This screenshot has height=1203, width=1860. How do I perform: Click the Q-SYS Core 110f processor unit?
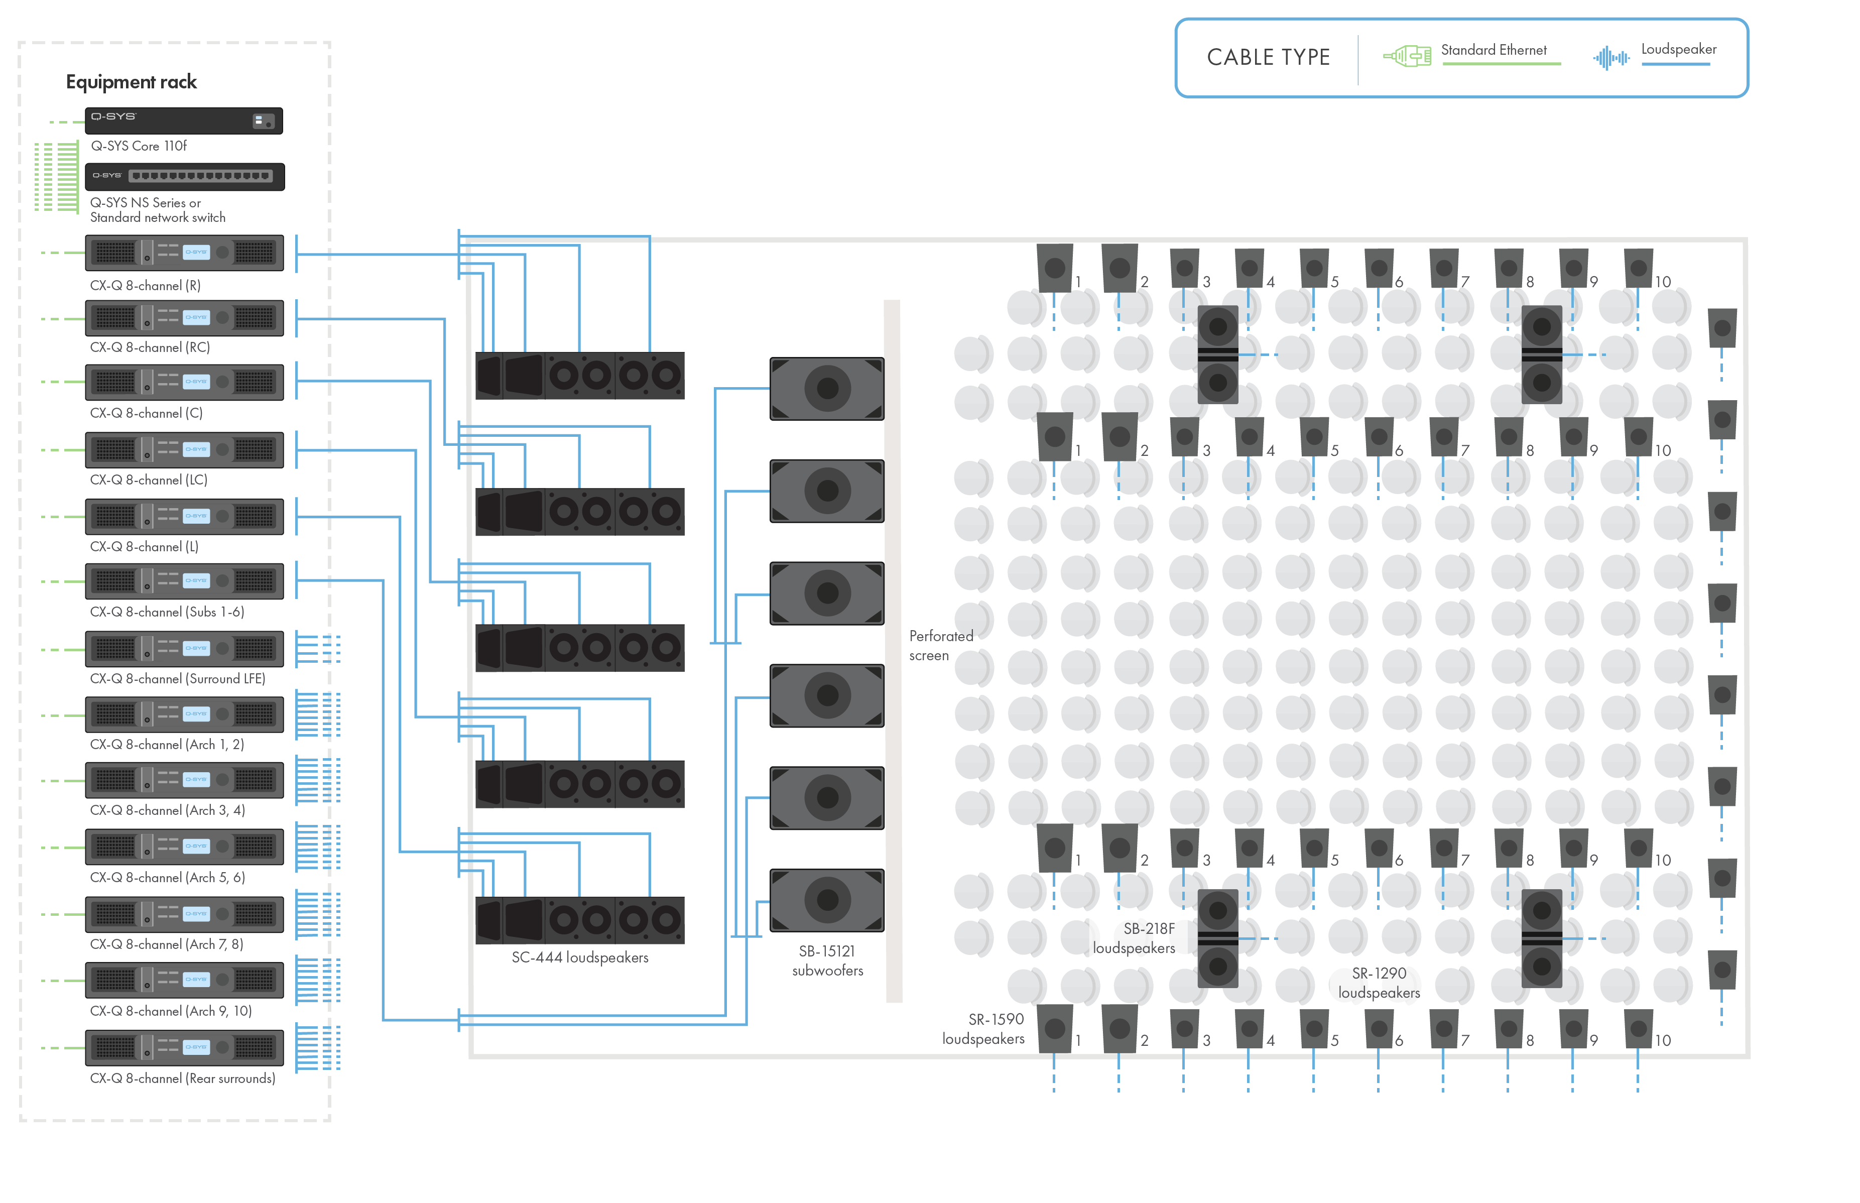(x=184, y=121)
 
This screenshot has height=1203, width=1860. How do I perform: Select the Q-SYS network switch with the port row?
(x=184, y=176)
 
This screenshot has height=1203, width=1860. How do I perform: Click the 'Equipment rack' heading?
(x=131, y=82)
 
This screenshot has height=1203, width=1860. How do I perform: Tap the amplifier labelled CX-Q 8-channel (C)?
(x=184, y=382)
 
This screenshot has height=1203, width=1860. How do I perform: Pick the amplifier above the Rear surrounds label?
(x=184, y=1047)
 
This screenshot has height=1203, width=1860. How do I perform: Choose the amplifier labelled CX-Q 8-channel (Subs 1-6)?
(x=184, y=580)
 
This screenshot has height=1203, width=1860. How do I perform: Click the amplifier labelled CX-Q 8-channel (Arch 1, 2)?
(x=184, y=714)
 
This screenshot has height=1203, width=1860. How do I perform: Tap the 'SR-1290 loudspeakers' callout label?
(x=1379, y=983)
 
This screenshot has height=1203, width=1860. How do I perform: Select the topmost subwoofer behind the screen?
(x=827, y=388)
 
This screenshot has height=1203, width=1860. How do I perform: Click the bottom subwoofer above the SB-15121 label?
(x=827, y=900)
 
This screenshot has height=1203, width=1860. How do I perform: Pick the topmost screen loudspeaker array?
(x=579, y=381)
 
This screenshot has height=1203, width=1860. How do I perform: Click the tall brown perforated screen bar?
(x=893, y=652)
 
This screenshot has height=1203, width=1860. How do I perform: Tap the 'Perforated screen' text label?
(x=937, y=652)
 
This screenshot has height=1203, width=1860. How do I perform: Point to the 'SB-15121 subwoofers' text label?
(x=827, y=967)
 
